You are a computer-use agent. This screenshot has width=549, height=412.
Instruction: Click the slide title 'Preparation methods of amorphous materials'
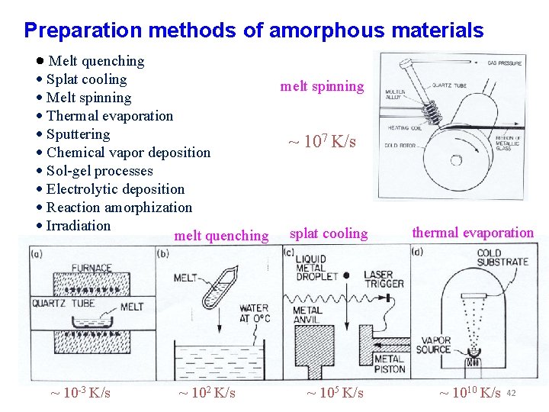click(x=253, y=31)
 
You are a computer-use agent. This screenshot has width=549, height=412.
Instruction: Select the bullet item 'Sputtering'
click(x=78, y=134)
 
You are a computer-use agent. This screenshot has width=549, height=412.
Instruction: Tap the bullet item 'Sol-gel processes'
click(x=99, y=171)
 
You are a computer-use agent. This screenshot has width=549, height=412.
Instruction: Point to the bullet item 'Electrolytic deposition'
click(x=115, y=189)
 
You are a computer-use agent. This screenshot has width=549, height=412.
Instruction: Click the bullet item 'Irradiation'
click(x=78, y=226)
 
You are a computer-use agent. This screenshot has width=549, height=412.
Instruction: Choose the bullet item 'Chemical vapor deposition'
click(x=128, y=153)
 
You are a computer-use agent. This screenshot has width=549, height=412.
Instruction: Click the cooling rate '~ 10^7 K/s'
click(x=321, y=141)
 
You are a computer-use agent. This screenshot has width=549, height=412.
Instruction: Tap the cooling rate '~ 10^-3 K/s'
click(x=80, y=393)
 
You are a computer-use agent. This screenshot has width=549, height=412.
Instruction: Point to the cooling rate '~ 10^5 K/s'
click(x=335, y=393)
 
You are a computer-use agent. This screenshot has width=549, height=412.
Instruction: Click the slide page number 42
click(x=512, y=393)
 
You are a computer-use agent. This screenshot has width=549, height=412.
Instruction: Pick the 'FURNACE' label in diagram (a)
click(x=91, y=269)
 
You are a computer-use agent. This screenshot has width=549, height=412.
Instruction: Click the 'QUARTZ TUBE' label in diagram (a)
click(x=63, y=304)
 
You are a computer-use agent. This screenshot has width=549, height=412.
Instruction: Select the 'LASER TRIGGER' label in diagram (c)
click(x=384, y=279)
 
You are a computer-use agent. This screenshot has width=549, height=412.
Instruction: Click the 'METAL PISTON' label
click(x=389, y=364)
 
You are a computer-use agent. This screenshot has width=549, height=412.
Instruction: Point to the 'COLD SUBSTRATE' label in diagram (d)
click(x=502, y=257)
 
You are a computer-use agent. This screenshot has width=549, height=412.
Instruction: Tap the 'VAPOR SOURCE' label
click(x=433, y=345)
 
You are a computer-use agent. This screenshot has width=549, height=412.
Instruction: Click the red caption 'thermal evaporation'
click(x=473, y=233)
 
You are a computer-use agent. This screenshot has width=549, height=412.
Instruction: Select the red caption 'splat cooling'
click(x=329, y=233)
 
